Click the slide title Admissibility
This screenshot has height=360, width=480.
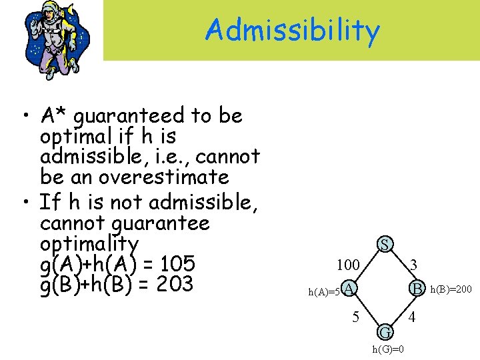293,30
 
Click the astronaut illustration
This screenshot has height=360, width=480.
51,38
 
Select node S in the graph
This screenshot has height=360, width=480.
385,244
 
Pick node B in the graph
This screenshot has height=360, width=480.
417,288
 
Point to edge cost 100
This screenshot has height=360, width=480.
348,265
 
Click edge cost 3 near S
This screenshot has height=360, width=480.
414,265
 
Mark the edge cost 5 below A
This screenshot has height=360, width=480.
356,316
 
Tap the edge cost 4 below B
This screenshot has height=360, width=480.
412,316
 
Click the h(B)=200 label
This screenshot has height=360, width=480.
451,289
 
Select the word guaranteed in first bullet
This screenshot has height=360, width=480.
129,115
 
